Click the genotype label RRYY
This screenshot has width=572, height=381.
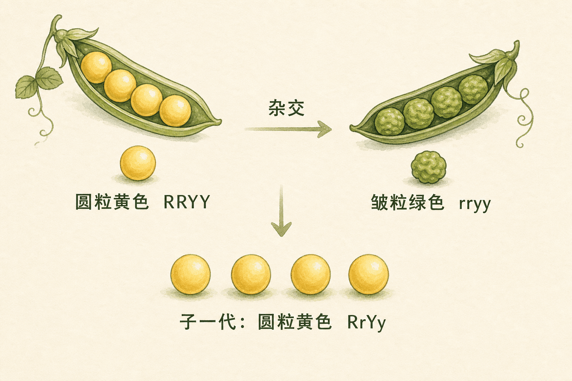point(187,202)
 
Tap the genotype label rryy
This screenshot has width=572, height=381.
point(474,204)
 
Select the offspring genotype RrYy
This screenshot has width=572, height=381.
point(366,323)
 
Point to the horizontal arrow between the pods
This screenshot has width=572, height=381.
point(288,129)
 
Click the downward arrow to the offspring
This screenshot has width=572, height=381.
point(282,211)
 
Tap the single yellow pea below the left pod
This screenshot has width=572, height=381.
point(138,163)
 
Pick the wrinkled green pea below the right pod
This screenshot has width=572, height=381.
point(429,167)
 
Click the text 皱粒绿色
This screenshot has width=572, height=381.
point(407,202)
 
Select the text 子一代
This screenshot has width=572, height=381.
point(208,322)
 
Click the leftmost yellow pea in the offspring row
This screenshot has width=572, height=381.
point(191,275)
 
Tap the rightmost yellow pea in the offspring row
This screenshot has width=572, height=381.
point(369,275)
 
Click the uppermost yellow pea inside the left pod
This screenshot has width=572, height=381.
point(96,67)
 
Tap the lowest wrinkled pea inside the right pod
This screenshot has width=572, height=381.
point(390,121)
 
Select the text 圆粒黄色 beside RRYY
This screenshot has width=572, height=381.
point(112,202)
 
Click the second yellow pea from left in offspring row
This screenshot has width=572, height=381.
point(251,275)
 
